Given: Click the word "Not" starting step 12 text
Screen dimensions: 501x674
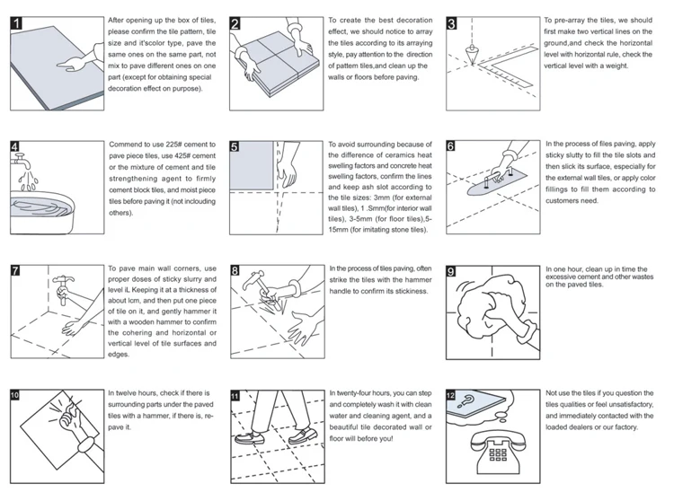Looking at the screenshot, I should pyautogui.click(x=553, y=392).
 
